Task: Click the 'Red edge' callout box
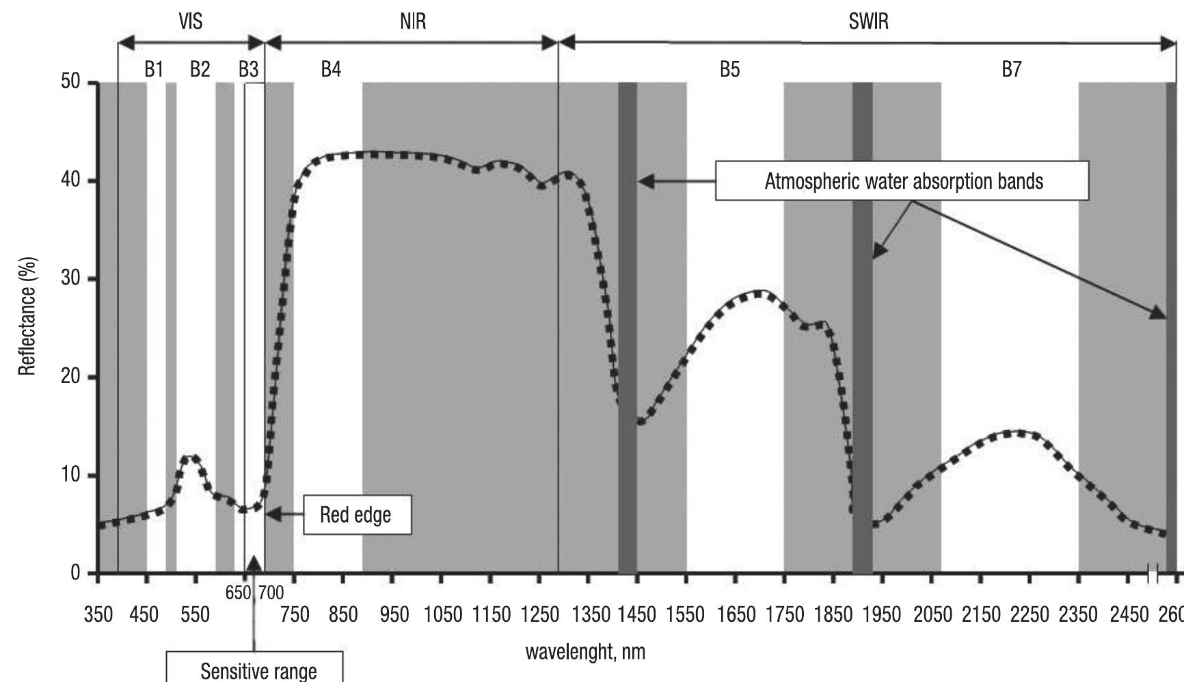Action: coord(355,515)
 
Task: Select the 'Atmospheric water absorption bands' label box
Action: coord(902,181)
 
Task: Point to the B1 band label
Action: coord(154,69)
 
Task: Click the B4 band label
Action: coord(331,69)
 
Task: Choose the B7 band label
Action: coord(1011,69)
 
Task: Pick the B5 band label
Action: coord(729,69)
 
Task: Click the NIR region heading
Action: coord(413,22)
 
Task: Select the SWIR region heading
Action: coord(868,22)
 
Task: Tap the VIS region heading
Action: coord(190,22)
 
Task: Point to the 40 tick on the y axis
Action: coord(70,181)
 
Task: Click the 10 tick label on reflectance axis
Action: coord(70,475)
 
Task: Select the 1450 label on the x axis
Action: coord(636,614)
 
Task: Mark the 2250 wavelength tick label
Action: coord(1029,614)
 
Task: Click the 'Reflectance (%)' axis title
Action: coord(27,317)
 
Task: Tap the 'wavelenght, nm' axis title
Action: coord(585,651)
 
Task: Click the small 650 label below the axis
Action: coord(238,593)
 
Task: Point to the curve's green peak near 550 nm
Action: coord(191,458)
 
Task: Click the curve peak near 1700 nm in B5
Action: coord(759,293)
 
